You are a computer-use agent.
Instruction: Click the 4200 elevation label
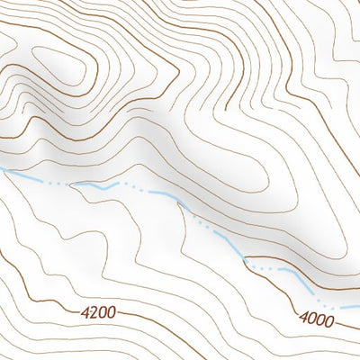click(97, 313)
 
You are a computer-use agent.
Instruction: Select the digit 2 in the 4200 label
click(93, 313)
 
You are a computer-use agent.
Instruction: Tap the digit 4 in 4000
click(303, 318)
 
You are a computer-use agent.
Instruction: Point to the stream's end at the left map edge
click(2, 168)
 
